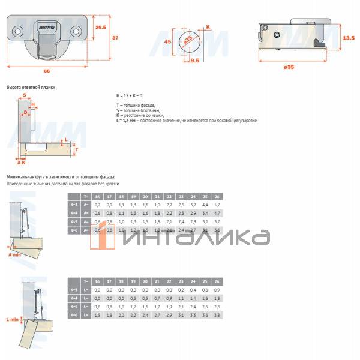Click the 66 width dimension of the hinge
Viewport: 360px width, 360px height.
(47, 71)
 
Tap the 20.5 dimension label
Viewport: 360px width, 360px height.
(101, 27)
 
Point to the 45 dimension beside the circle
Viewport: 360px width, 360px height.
(169, 42)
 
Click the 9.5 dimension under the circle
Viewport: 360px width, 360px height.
(194, 61)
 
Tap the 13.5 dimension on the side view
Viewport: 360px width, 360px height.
(348, 38)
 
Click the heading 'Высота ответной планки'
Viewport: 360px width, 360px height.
(31, 87)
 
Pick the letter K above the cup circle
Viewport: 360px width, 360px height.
(208, 26)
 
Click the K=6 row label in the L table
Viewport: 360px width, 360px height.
(73, 315)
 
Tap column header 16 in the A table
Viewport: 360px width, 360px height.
(98, 196)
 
